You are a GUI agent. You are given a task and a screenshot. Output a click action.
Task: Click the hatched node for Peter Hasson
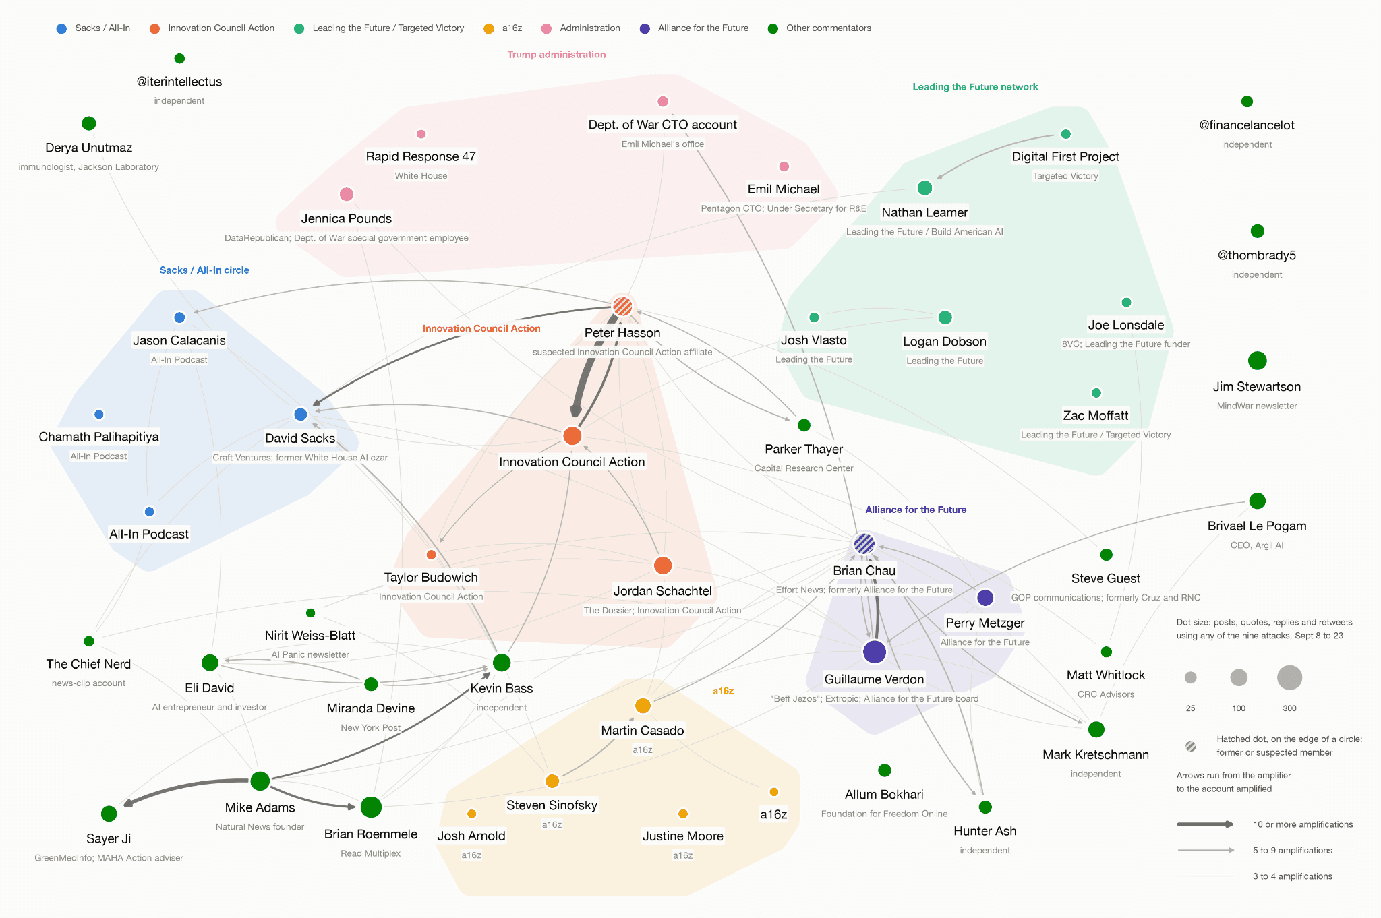point(622,307)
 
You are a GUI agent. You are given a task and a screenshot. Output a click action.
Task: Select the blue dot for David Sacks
point(301,414)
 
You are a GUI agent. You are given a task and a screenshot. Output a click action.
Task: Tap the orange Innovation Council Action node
point(572,435)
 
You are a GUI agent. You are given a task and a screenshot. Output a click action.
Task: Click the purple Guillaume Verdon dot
point(875,652)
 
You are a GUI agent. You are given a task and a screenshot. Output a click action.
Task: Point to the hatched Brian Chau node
point(864,543)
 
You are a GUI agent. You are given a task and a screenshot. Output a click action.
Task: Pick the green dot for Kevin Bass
point(502,663)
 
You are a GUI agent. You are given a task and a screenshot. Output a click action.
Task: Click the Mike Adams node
point(260,781)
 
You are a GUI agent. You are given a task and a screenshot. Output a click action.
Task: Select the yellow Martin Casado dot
point(643,706)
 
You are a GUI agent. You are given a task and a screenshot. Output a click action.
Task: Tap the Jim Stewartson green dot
point(1257,361)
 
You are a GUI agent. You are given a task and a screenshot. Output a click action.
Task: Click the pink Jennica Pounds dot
point(347,194)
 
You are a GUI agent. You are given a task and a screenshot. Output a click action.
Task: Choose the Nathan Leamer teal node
point(924,188)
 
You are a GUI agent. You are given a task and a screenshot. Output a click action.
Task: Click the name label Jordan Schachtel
point(663,591)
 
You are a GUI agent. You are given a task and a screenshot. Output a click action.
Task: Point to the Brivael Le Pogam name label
point(1257,526)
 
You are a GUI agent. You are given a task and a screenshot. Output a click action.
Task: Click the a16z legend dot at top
point(489,28)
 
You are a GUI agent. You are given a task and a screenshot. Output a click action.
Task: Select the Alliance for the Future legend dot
point(645,28)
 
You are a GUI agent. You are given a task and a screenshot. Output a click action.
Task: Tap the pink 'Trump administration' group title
point(556,55)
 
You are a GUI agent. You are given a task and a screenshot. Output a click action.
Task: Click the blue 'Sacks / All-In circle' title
point(204,270)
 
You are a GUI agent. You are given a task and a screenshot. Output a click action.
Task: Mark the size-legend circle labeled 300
point(1289,677)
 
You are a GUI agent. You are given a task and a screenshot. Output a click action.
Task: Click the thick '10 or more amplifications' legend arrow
point(1205,824)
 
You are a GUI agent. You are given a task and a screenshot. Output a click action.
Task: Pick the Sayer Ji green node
point(109,814)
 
